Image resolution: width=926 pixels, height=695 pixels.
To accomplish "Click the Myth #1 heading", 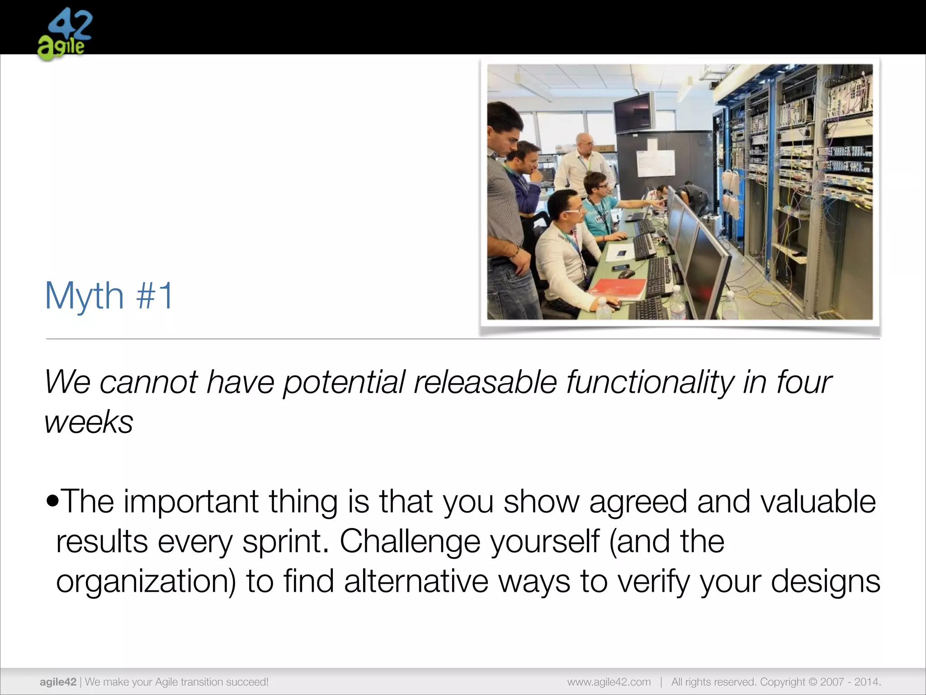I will (x=109, y=296).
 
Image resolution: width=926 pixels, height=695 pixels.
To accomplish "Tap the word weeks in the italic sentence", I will (x=89, y=422).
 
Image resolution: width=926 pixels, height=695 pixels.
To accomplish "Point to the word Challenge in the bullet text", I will (x=410, y=542).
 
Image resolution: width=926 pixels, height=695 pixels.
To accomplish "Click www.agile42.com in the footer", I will (x=609, y=682).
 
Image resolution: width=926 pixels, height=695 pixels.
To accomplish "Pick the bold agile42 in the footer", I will (x=58, y=682).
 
